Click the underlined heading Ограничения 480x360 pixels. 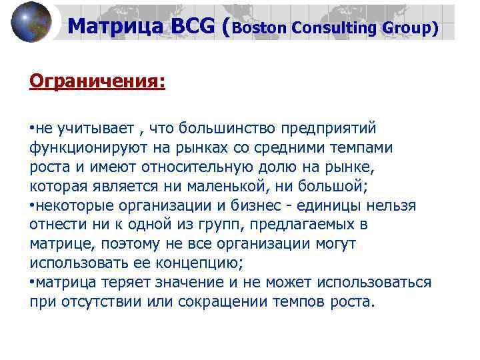coord(97,81)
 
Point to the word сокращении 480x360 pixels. coord(223,301)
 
